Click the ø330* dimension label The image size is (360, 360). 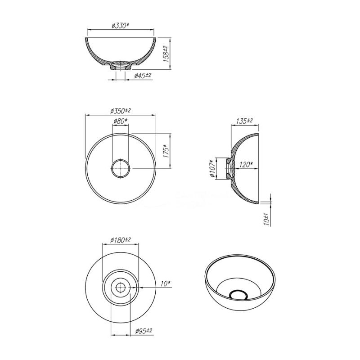121,26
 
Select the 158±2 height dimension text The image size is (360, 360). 166,54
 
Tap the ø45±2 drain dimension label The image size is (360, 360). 143,75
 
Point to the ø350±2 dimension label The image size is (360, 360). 120,111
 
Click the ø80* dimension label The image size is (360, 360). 120,121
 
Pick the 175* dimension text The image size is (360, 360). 166,151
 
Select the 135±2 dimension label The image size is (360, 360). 244,121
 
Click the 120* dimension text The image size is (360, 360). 246,165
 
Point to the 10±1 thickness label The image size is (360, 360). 266,220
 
